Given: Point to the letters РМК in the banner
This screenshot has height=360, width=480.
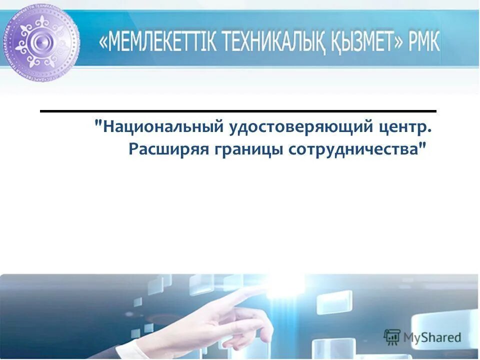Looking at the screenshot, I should pyautogui.click(x=422, y=43).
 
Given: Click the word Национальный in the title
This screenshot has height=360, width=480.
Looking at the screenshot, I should pyautogui.click(x=163, y=127).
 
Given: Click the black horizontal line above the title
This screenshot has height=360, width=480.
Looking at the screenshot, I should pyautogui.click(x=238, y=110).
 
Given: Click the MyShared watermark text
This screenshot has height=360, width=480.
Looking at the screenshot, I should pyautogui.click(x=432, y=337).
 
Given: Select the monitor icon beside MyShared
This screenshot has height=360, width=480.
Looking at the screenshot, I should pyautogui.click(x=392, y=336).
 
